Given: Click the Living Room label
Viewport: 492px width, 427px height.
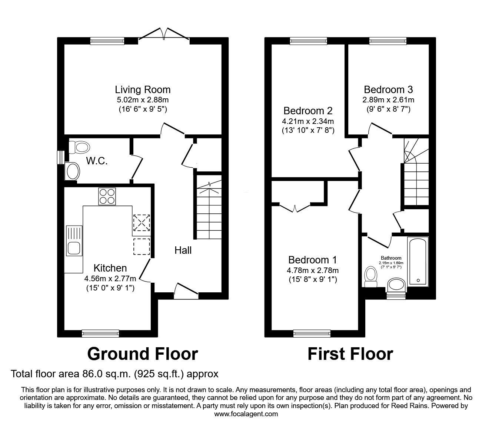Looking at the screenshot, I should [143, 89].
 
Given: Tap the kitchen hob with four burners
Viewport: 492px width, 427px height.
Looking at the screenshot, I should [107, 196].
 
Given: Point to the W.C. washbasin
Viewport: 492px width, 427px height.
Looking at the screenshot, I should [72, 172].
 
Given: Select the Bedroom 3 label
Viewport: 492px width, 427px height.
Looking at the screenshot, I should [388, 89].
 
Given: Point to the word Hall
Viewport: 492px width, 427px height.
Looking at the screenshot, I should [183, 250].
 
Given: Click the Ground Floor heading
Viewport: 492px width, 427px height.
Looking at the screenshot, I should [142, 354].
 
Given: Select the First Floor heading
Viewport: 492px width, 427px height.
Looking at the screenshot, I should [350, 354].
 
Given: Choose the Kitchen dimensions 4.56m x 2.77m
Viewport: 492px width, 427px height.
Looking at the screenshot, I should [110, 278].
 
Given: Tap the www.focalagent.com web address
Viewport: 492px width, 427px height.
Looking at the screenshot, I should [246, 414].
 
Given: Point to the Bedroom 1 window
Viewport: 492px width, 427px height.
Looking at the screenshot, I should [312, 334].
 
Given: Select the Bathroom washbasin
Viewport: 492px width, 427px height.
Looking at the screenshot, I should [396, 285].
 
